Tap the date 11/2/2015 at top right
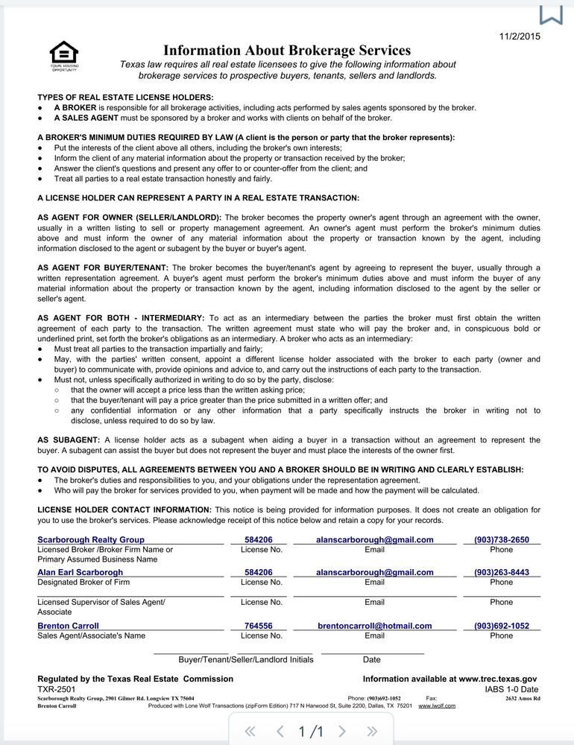click(x=519, y=36)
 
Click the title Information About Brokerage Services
click(x=287, y=51)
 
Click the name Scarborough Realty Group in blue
click(x=91, y=539)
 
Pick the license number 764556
click(x=258, y=626)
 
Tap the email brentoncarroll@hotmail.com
click(x=374, y=626)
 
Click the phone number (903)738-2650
click(x=501, y=539)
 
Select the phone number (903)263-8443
click(x=501, y=572)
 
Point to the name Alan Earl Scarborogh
click(x=81, y=572)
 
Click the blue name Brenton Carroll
click(x=68, y=626)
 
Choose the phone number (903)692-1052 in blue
click(x=501, y=626)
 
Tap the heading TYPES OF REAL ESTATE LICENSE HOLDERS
click(x=125, y=97)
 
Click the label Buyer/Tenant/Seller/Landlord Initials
click(x=246, y=659)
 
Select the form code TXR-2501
click(x=57, y=690)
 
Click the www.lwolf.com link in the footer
click(x=437, y=706)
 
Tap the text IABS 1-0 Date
click(x=511, y=690)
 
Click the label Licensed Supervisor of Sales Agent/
click(x=101, y=602)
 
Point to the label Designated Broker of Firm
click(x=83, y=583)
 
